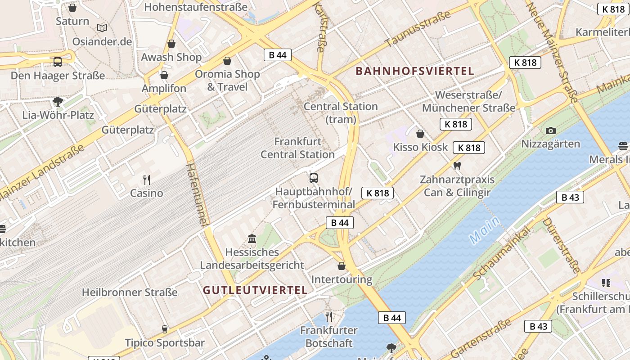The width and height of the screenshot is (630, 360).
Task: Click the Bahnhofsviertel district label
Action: pos(415,71)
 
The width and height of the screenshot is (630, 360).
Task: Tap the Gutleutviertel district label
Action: pos(255,290)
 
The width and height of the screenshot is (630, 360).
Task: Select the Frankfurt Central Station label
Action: pos(297,148)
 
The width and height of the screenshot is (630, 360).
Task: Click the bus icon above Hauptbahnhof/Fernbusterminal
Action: pos(314,178)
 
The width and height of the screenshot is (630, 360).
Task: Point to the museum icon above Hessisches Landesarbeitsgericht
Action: pos(252,238)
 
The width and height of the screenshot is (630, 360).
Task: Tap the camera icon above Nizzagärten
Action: pos(550,130)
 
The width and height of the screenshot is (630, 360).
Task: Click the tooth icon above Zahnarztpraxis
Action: pos(457,166)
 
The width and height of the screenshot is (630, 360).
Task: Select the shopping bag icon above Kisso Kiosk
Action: pos(420,134)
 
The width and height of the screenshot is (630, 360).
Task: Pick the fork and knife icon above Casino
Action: pos(146,180)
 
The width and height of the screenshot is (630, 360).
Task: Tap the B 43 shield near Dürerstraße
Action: pos(570,197)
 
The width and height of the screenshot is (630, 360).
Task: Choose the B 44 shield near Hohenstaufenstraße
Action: pos(277,55)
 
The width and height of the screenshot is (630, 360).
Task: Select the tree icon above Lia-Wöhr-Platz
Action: pos(58,101)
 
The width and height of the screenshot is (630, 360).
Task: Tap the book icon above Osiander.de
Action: pos(102,28)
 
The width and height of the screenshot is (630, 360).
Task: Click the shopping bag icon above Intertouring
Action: pos(342,266)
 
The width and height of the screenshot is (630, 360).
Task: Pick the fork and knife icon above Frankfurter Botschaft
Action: pos(329,317)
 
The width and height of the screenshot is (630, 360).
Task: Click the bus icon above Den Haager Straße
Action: pos(58,62)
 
